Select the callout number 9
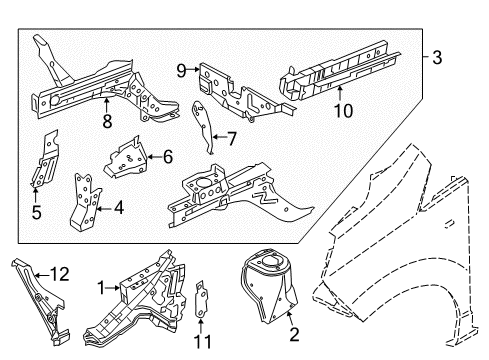click(x=182, y=69)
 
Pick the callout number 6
click(x=167, y=155)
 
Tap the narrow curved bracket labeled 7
click(x=205, y=125)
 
